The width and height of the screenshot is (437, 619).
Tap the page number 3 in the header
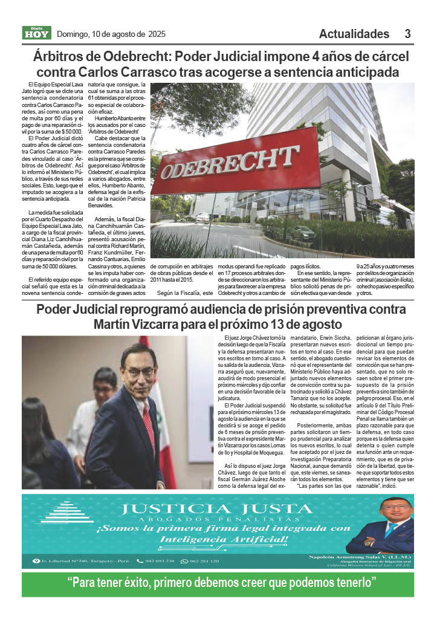coord(408,34)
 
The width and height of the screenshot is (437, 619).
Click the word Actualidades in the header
coord(354,34)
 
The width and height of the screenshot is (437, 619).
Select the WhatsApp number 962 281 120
coord(204,561)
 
